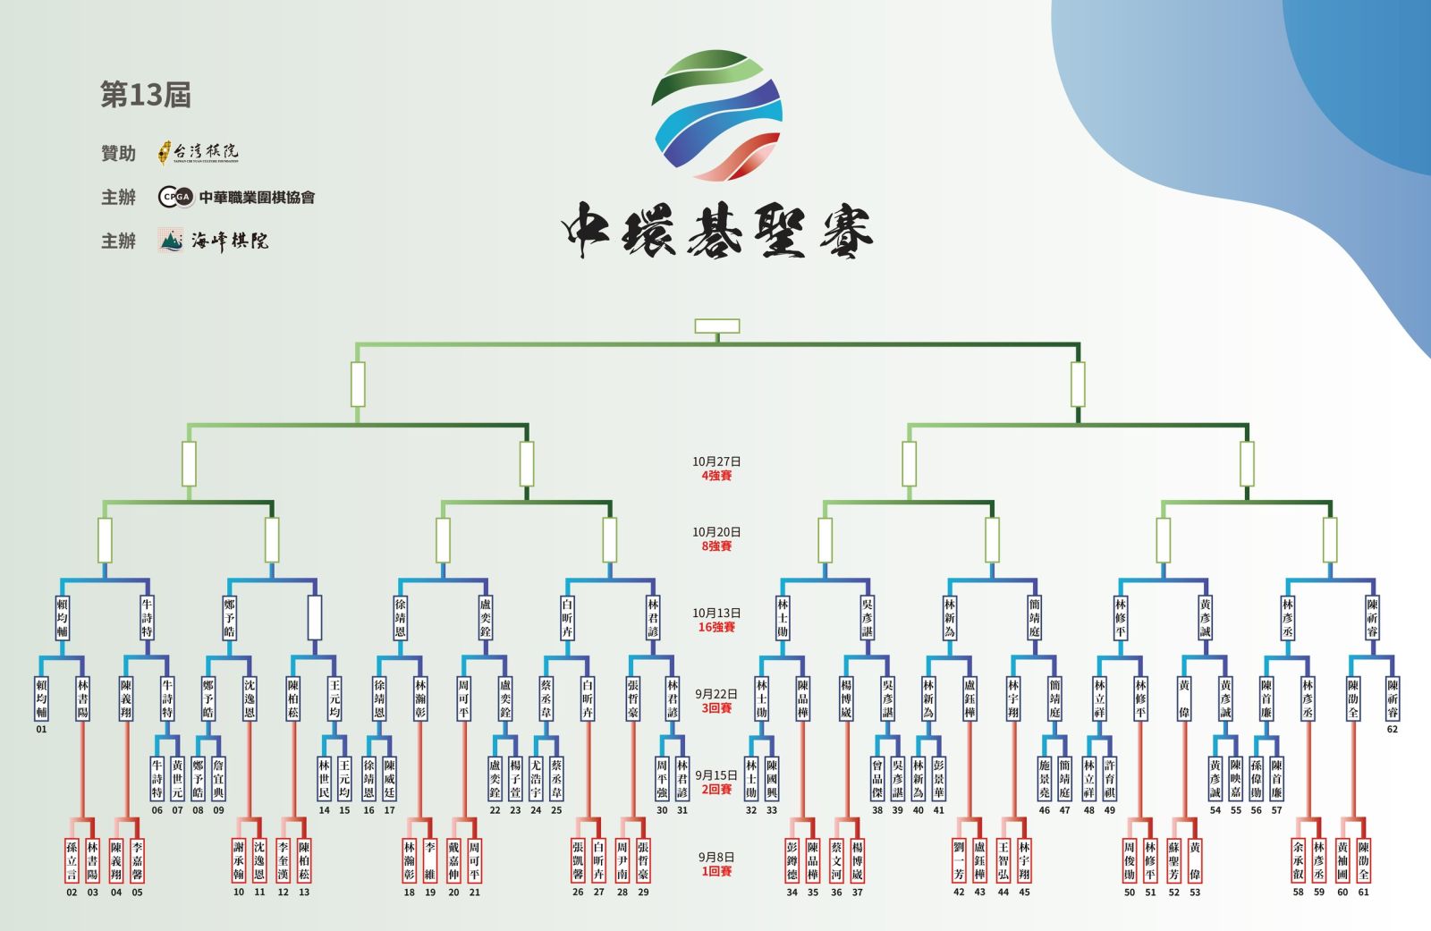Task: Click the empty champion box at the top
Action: coord(717,326)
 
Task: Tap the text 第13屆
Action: coord(146,95)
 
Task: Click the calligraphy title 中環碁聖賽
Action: coord(717,231)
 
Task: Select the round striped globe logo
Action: coord(717,114)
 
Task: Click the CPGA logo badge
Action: coord(176,197)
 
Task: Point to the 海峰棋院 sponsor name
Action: coord(229,241)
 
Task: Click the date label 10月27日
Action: coord(716,461)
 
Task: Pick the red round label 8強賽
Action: coord(716,546)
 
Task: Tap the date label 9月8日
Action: coord(716,857)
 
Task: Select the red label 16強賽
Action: coord(716,628)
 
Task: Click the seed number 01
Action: coord(41,729)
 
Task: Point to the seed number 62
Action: coord(1393,729)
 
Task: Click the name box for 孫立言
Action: coord(72,859)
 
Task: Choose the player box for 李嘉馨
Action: coord(137,859)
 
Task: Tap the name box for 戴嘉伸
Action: coord(453,859)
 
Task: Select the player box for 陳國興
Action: coord(772,779)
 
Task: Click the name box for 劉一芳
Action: coord(959,859)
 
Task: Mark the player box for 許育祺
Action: coord(1110,779)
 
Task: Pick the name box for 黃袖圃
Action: coord(1342,859)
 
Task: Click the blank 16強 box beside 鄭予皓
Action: coord(315,617)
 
